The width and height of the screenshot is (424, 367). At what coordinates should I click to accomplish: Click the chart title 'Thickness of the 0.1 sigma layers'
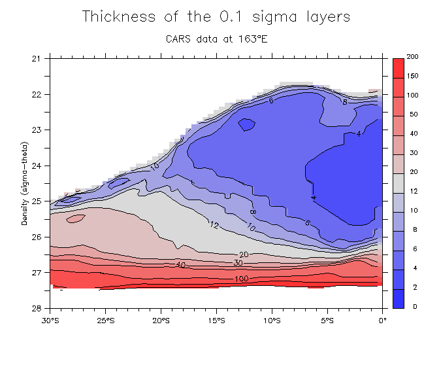pos(216,17)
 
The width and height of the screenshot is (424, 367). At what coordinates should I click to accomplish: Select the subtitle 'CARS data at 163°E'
pos(216,39)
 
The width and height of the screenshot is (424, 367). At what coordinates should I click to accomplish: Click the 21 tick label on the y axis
pos(37,59)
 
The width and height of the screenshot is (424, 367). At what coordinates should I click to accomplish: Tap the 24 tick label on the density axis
pos(37,166)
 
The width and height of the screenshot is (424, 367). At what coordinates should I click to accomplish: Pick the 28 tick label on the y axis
pos(37,308)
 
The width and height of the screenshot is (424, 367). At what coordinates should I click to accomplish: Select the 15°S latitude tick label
pos(217,321)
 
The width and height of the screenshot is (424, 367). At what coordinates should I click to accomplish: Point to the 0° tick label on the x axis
pos(383,321)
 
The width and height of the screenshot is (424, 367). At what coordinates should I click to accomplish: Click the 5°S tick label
pos(328,321)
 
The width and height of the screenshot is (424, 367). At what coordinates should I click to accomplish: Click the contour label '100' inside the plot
pos(242,279)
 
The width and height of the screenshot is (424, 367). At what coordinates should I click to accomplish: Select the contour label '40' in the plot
pos(181,264)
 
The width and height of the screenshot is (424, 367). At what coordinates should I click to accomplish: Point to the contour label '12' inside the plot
pos(214,225)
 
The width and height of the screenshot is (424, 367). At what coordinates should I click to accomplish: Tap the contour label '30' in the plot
pos(239,263)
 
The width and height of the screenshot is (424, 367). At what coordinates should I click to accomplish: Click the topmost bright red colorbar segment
pos(399,67)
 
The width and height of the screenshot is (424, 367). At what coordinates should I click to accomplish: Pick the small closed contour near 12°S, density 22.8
pos(247,123)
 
